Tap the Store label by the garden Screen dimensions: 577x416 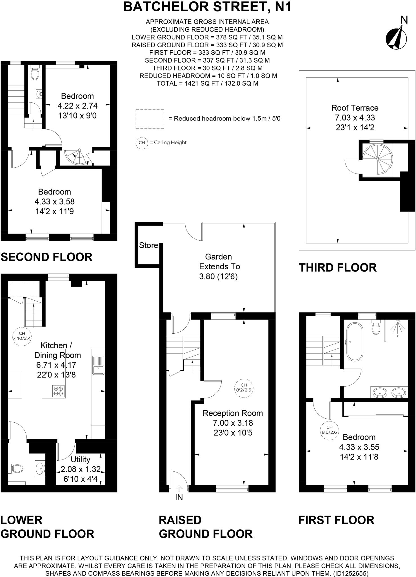click(148, 245)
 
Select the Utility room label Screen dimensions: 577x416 click(80, 460)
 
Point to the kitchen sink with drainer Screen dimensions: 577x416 click(98, 365)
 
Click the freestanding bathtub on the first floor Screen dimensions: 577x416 click(355, 341)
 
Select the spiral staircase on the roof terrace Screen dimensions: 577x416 click(377, 159)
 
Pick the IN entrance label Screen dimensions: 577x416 click(179, 498)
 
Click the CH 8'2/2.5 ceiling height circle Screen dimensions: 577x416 click(244, 388)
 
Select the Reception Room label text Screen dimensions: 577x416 click(233, 413)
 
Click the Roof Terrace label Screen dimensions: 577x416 click(355, 108)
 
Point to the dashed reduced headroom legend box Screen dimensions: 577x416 click(150, 119)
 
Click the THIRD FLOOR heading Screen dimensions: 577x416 click(337, 268)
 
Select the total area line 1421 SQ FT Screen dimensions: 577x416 click(207, 83)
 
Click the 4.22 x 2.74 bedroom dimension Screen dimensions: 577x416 click(77, 106)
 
